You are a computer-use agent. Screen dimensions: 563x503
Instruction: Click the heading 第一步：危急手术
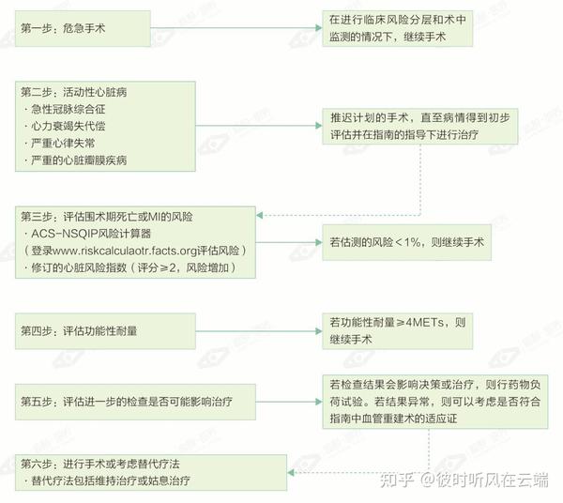pos(63,28)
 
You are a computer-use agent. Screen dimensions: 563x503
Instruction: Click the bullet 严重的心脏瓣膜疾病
pos(80,160)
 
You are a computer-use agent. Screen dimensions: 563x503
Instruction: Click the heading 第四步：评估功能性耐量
pos(79,329)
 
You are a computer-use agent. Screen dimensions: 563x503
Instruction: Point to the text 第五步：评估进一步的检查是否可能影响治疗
pos(126,401)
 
